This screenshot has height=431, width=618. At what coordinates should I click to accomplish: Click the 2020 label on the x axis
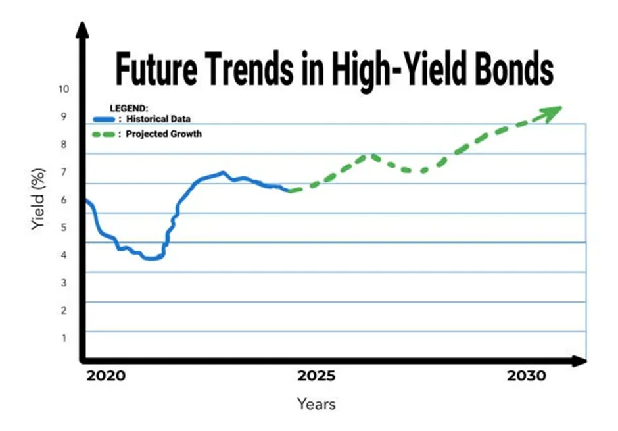pyautogui.click(x=106, y=376)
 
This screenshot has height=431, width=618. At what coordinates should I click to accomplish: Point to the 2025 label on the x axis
pyautogui.click(x=316, y=376)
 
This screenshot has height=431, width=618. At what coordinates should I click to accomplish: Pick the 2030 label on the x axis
pyautogui.click(x=527, y=376)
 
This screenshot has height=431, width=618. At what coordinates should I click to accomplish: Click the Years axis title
pyautogui.click(x=316, y=403)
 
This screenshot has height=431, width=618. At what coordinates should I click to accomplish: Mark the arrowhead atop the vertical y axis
pyautogui.click(x=81, y=30)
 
